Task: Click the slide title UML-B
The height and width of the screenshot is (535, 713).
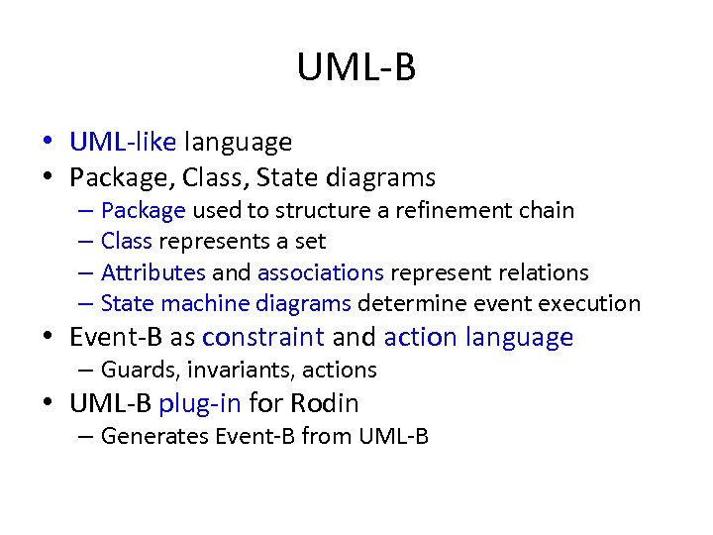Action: (x=356, y=68)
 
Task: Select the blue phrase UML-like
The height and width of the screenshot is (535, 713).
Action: (x=122, y=143)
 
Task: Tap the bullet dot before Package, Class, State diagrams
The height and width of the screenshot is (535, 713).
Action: (x=49, y=178)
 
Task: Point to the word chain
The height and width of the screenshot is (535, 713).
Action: (x=546, y=210)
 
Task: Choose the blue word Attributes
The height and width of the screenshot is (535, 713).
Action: (x=153, y=272)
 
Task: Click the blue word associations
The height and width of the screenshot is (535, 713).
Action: (x=320, y=272)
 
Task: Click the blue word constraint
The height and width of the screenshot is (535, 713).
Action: (x=262, y=338)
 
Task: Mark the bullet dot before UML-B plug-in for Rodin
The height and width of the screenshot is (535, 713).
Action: (x=49, y=404)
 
